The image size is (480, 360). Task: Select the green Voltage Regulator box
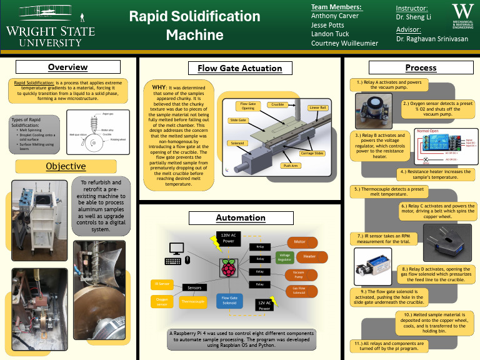(x=284, y=256)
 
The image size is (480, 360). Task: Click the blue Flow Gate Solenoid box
(x=230, y=301)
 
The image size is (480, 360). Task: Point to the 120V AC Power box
(x=227, y=237)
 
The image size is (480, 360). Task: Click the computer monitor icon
(x=172, y=260)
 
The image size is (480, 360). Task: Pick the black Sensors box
(x=194, y=287)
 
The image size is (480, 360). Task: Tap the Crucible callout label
(x=278, y=105)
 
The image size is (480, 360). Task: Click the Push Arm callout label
(x=291, y=166)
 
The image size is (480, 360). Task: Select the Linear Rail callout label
(x=319, y=107)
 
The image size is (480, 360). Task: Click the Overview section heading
(x=68, y=67)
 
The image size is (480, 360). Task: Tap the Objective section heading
(x=66, y=166)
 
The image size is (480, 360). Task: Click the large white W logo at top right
(x=462, y=13)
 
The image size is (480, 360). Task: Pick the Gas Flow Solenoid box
(x=299, y=291)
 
